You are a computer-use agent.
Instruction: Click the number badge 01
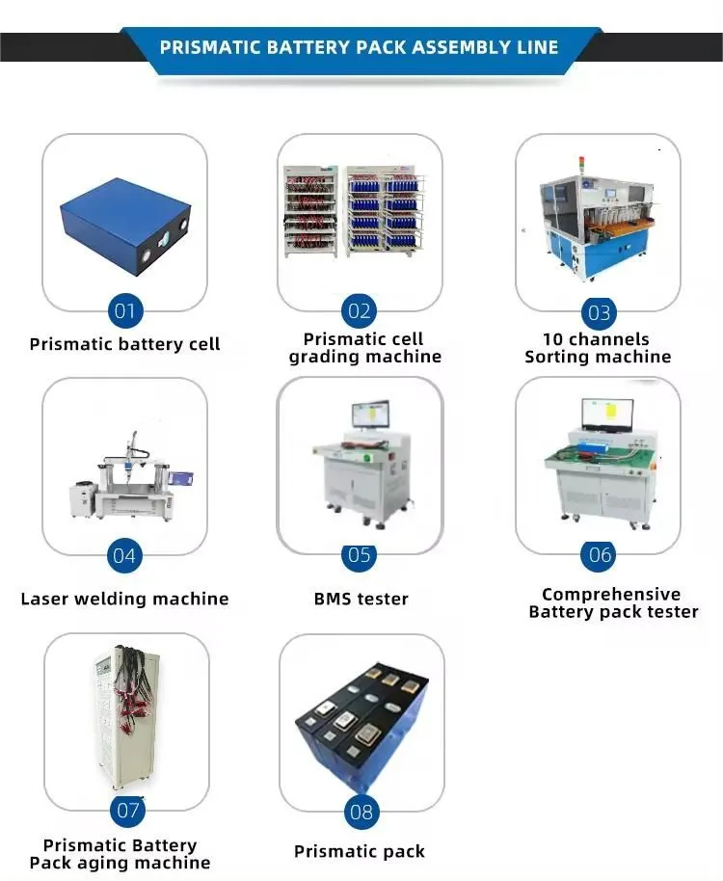[x=124, y=310]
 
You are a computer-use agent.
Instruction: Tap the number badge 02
[x=359, y=311]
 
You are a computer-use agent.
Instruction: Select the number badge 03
[x=599, y=312]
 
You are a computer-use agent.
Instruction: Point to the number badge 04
[x=124, y=555]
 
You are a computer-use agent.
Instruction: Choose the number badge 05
[x=359, y=555]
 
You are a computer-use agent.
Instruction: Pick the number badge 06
[x=599, y=555]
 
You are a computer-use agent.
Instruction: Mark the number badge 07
[x=127, y=811]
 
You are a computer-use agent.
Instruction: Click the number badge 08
[x=361, y=812]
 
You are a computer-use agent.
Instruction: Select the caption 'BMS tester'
[x=361, y=599]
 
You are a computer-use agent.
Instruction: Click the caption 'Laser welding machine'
[x=124, y=599]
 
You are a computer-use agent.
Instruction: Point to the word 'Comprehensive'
[x=611, y=595]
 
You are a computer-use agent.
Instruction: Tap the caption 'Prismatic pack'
[x=360, y=852]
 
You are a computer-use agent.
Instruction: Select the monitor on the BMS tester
[x=370, y=414]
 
